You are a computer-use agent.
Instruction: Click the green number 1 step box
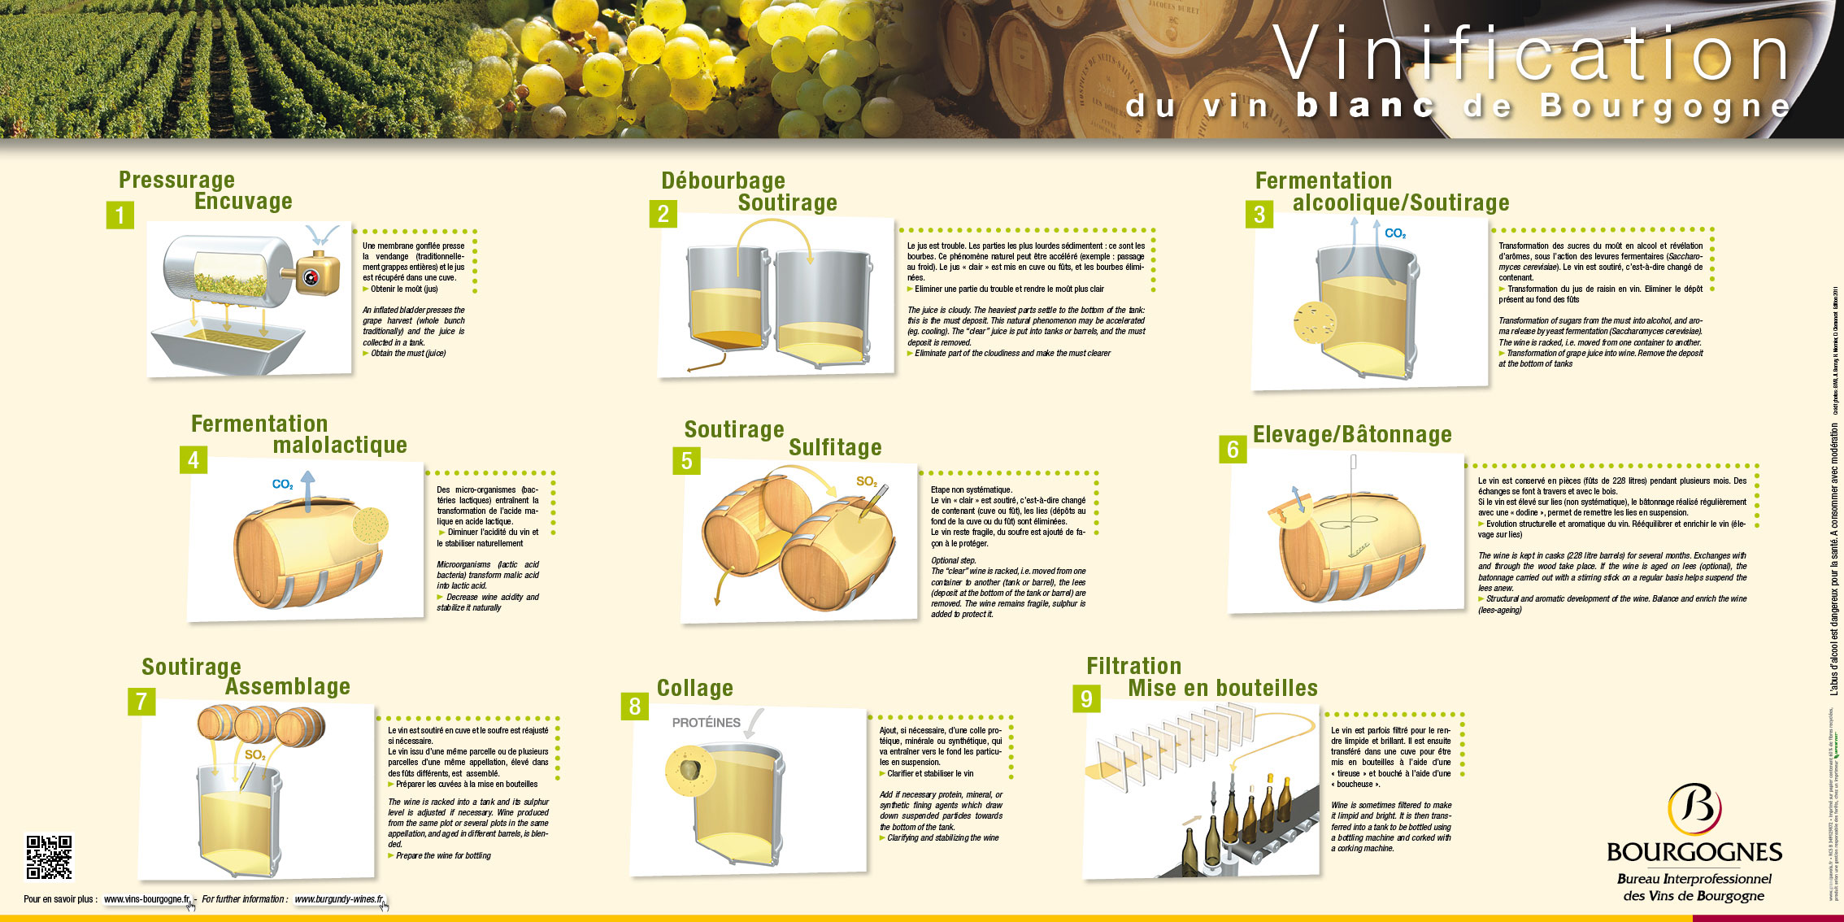tap(120, 215)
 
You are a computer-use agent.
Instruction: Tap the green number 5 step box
tap(686, 461)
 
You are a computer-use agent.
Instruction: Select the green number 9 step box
tap(1086, 699)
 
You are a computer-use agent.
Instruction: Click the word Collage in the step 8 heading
tap(694, 689)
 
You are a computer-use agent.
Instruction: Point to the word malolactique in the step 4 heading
tap(340, 446)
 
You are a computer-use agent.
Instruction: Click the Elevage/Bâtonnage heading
tap(1351, 435)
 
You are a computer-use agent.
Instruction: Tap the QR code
tap(49, 857)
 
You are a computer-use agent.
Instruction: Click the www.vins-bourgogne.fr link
tap(147, 899)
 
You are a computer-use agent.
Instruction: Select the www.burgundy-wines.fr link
tap(338, 899)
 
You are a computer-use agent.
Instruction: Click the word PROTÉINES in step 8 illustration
tap(706, 723)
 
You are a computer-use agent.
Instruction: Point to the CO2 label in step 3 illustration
tap(1394, 234)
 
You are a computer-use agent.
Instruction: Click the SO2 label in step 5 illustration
tap(866, 481)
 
